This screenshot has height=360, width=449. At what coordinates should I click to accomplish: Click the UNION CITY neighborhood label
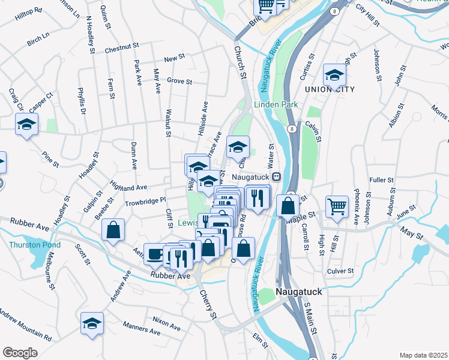[x=330, y=89]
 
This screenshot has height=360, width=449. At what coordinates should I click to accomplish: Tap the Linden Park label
[x=276, y=104]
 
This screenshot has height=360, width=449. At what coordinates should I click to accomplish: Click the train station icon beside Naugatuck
[x=277, y=177]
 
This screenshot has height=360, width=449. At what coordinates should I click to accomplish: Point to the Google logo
[x=20, y=353]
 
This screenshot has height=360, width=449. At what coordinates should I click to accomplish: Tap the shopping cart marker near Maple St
[x=337, y=206]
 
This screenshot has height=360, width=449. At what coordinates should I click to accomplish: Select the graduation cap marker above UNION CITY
[x=334, y=74]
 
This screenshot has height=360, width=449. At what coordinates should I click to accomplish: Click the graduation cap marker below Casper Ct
[x=26, y=125]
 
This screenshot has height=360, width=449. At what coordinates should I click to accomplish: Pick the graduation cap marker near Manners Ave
[x=92, y=323]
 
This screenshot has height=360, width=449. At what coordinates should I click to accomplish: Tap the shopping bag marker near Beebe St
[x=113, y=230]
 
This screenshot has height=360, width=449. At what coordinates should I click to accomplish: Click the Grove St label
[x=179, y=81]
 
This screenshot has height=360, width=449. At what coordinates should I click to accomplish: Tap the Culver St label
[x=342, y=271]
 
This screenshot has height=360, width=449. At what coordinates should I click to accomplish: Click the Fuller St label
[x=381, y=179]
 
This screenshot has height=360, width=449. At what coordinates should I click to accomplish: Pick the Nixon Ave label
[x=166, y=323]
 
